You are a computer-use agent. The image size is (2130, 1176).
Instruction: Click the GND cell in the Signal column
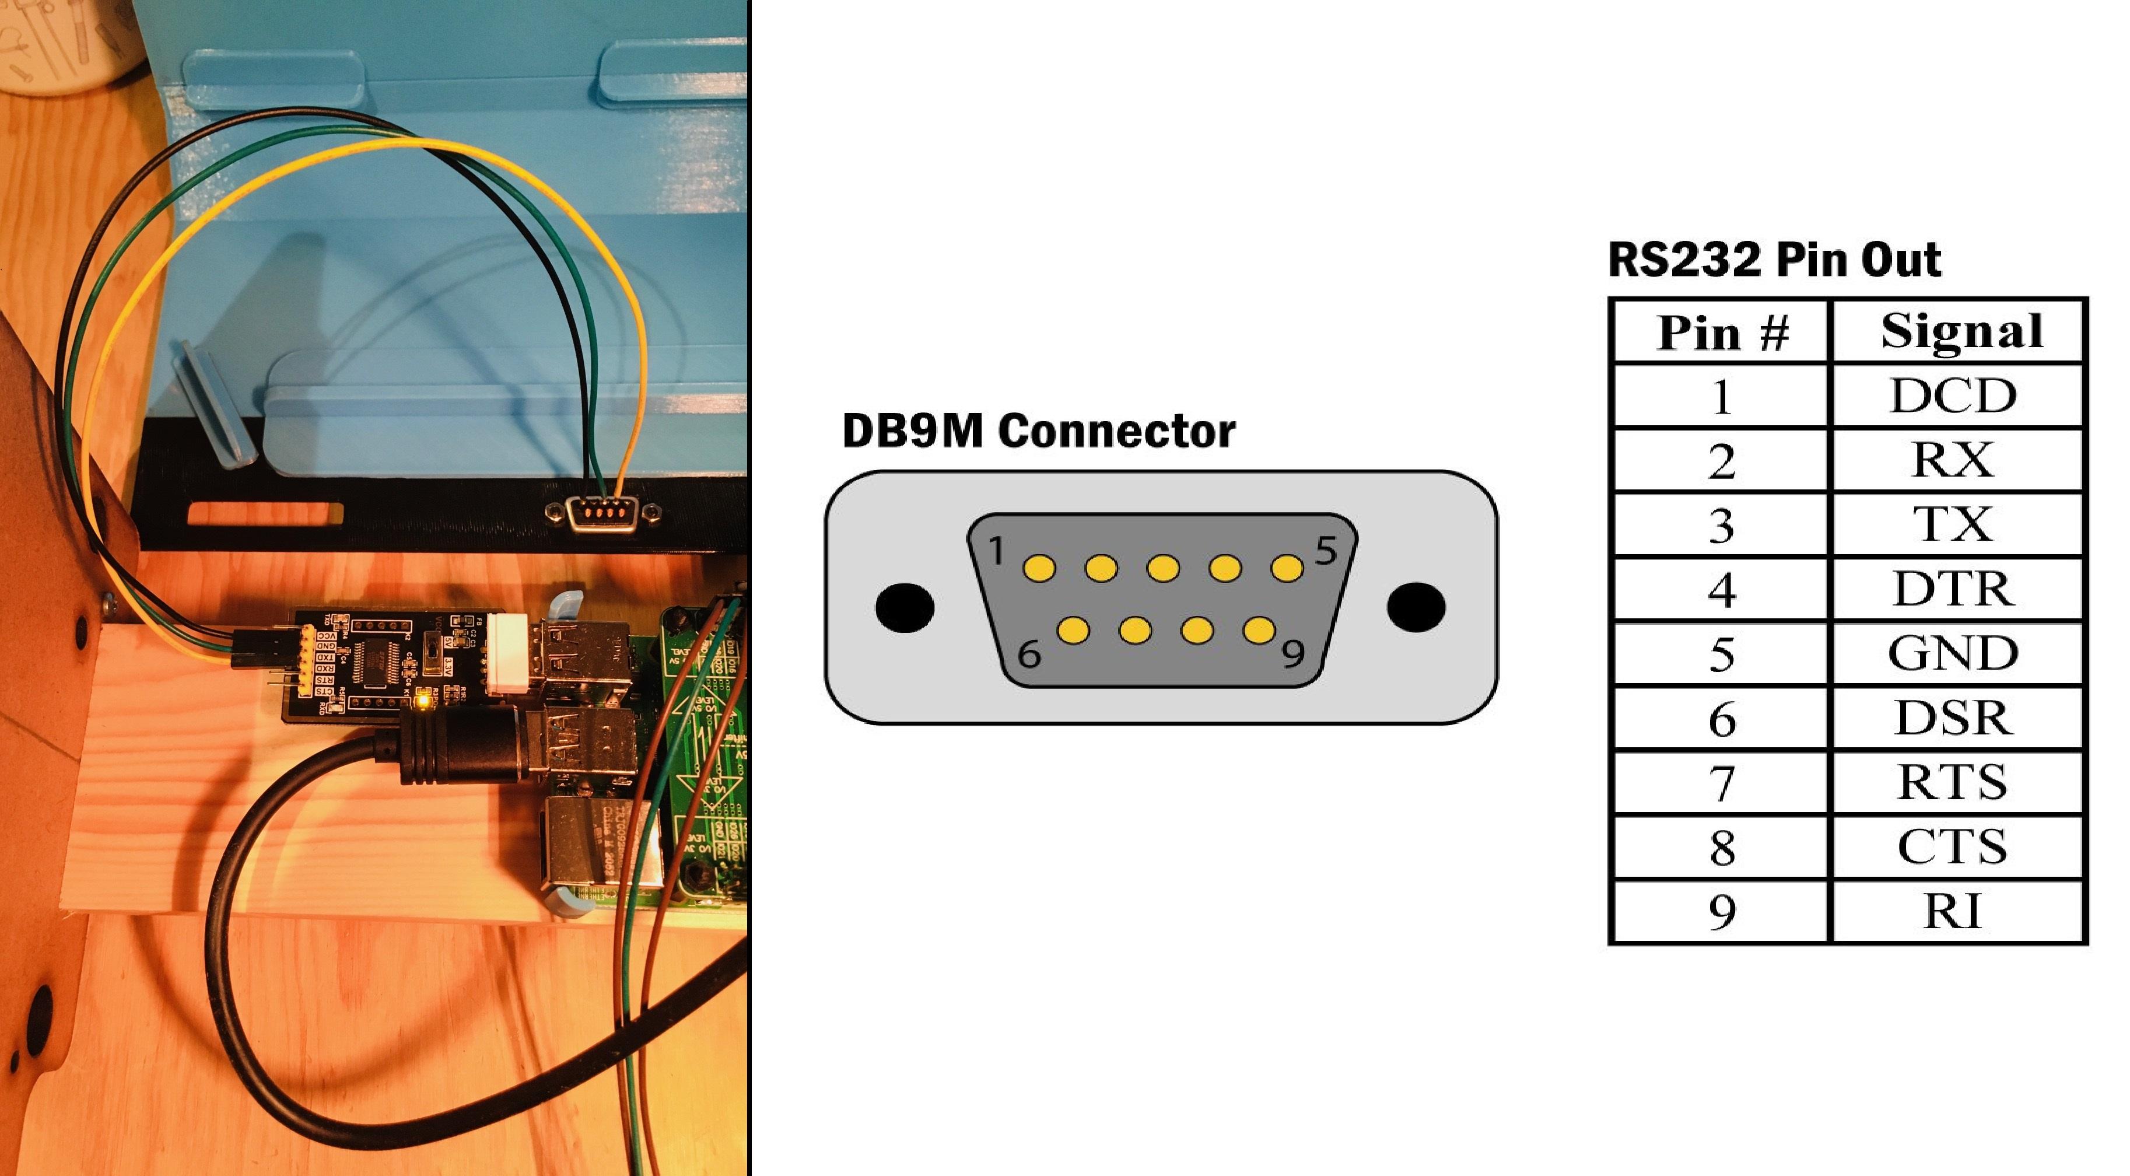(1953, 653)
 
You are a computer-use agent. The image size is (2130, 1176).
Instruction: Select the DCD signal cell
(1953, 395)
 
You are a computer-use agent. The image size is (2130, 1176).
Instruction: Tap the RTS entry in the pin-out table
(1953, 782)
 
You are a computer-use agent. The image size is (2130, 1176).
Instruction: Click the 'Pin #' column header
(1722, 332)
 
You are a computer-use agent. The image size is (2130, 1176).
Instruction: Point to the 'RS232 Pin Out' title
(1774, 260)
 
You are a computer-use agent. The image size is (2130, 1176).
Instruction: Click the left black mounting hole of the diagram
(905, 607)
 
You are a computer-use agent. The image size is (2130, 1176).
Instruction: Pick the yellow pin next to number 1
(1039, 568)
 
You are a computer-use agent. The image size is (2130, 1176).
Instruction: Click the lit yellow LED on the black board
(423, 702)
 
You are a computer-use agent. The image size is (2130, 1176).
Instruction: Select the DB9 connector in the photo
(602, 513)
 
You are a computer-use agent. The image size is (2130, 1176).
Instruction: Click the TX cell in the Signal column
(1953, 524)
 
